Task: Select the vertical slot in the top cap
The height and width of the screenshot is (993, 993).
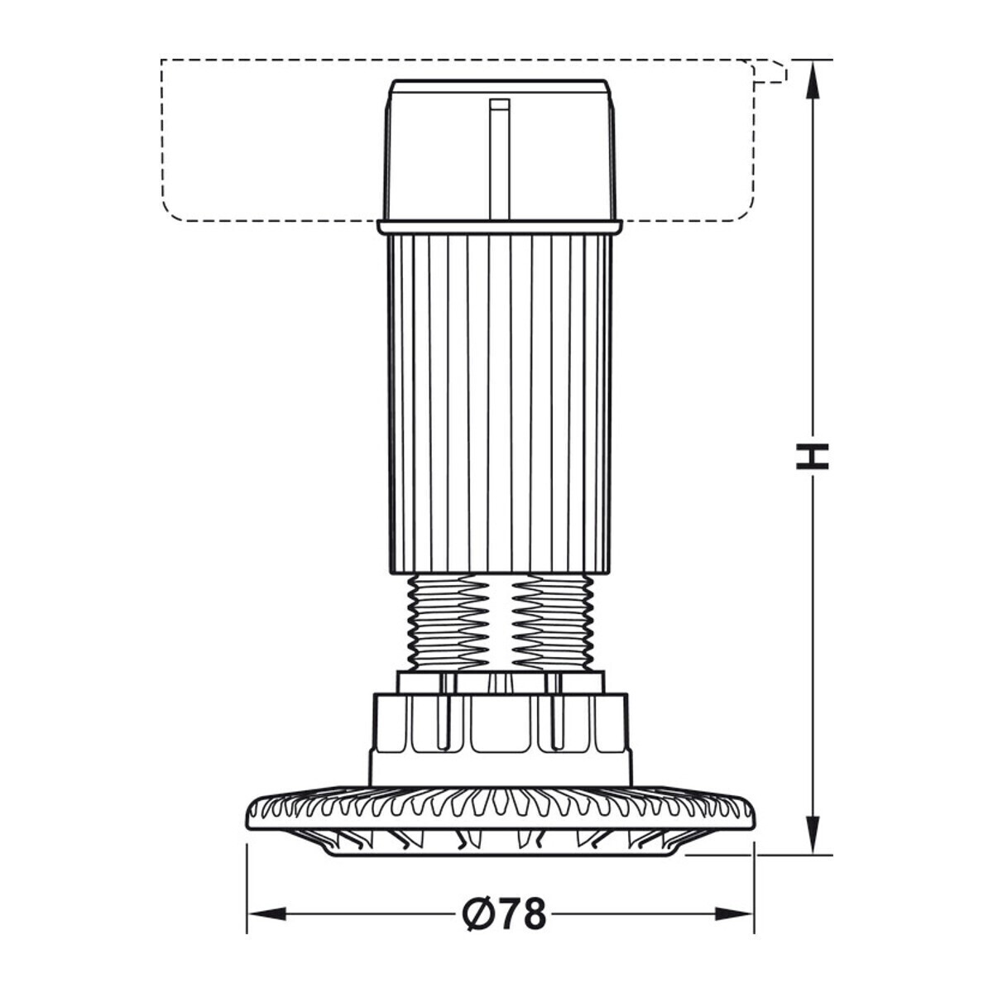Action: pyautogui.click(x=499, y=160)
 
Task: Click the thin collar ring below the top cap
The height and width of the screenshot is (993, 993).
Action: pyautogui.click(x=499, y=228)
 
